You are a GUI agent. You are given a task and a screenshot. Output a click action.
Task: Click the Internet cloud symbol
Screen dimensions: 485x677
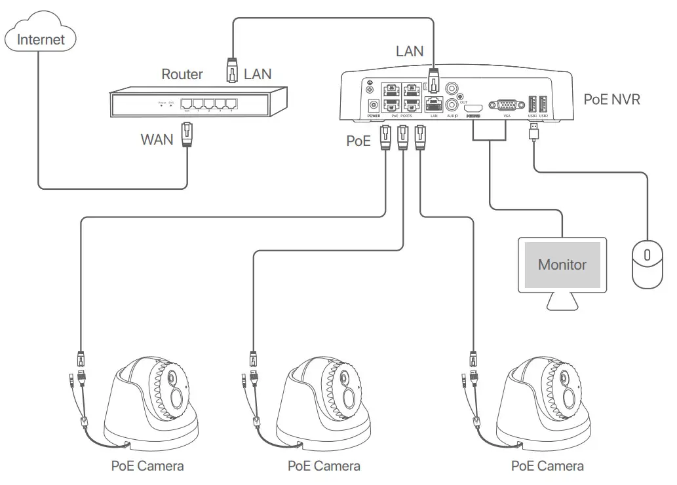41,39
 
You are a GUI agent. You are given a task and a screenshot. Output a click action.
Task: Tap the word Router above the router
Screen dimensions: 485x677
182,74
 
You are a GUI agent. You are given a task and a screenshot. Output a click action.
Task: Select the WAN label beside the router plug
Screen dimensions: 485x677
157,139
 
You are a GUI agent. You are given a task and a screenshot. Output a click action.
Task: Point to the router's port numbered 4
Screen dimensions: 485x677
231,103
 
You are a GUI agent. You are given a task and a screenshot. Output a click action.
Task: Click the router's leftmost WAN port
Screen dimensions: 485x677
187,103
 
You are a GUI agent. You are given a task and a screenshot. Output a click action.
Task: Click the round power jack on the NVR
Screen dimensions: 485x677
374,105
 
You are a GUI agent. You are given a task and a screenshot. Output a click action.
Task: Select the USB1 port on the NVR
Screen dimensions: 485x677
533,103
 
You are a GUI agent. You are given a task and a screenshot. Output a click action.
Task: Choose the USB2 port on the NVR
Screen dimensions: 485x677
543,103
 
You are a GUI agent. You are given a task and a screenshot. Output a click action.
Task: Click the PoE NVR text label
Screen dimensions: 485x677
611,99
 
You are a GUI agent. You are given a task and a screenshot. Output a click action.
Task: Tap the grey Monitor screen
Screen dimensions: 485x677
562,264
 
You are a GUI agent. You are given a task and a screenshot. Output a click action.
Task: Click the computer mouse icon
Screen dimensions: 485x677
648,264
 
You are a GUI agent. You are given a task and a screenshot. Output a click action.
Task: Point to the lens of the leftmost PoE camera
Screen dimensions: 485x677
172,380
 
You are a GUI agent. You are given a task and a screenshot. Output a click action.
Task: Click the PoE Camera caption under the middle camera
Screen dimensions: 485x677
324,466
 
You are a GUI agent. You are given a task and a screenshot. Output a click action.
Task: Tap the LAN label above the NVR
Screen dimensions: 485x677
410,51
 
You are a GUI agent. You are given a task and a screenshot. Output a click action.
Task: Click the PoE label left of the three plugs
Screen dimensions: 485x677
358,140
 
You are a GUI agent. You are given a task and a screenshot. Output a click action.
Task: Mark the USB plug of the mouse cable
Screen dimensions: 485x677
535,133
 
